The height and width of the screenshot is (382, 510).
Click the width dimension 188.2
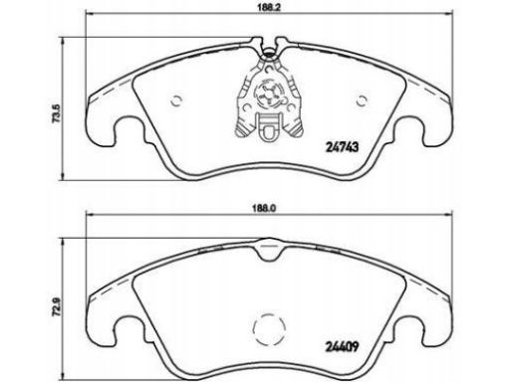(270, 8)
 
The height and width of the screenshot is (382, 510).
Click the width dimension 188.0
(270, 209)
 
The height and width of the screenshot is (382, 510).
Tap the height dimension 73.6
(57, 114)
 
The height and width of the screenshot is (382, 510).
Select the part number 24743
(342, 146)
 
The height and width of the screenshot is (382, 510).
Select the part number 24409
(342, 347)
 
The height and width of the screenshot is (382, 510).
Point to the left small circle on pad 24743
(176, 100)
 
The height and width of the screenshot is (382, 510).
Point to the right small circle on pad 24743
(362, 100)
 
